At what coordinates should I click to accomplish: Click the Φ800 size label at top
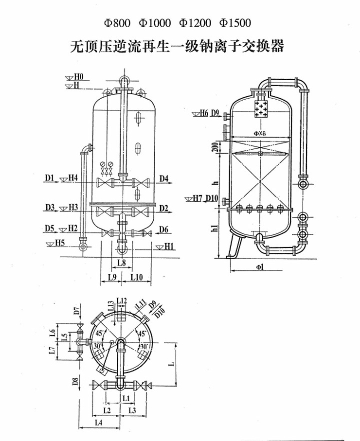click(x=117, y=23)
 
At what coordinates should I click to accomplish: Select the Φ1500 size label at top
click(x=235, y=23)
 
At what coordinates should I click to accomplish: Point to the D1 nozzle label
click(x=48, y=179)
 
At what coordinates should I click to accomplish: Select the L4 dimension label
click(x=98, y=423)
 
